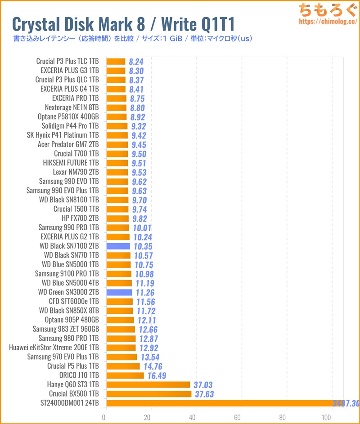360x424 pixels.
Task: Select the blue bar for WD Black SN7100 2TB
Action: [x=118, y=246]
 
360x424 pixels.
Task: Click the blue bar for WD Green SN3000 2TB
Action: [x=119, y=292]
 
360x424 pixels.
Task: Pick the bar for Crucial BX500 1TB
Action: [x=149, y=394]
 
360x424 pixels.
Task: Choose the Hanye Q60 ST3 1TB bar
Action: [x=148, y=384]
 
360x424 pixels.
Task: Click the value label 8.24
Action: [x=136, y=62]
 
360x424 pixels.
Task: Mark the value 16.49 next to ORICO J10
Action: [x=157, y=375]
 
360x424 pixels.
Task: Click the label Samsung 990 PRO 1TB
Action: [x=68, y=228]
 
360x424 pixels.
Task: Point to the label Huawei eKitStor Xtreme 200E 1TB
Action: [x=54, y=348]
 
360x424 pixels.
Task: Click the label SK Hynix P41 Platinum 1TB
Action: [x=63, y=135]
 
